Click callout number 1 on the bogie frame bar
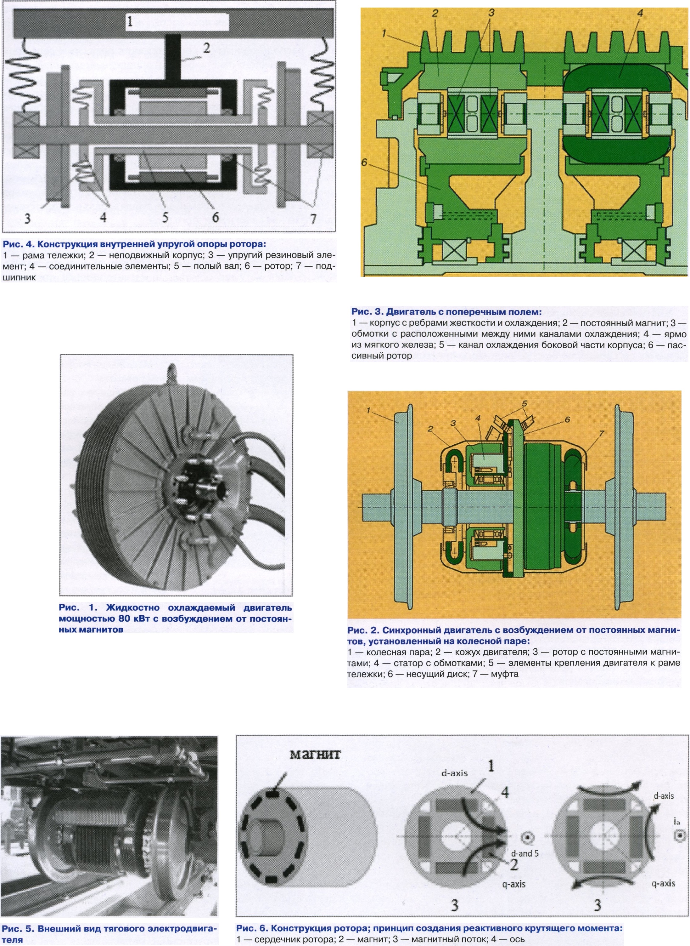click(x=130, y=21)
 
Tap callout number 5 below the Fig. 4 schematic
click(x=165, y=217)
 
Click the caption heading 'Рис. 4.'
click(x=14, y=244)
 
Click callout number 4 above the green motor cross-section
click(x=640, y=13)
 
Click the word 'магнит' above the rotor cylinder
click(x=315, y=754)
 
